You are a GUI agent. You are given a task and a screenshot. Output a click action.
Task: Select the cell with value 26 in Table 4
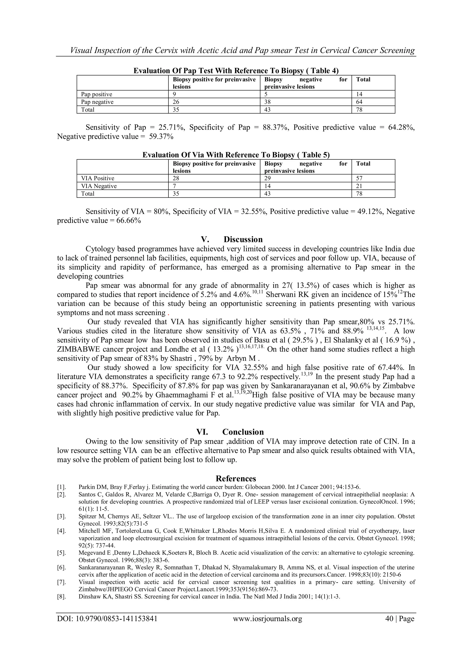pos(176,102)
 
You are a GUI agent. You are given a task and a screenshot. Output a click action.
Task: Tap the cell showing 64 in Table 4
pos(359,102)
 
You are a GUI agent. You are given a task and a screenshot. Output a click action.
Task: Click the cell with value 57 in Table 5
pos(359,178)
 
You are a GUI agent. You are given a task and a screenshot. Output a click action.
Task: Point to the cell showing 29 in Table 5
pos(268,178)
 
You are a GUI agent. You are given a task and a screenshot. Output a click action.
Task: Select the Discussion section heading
pos(232,239)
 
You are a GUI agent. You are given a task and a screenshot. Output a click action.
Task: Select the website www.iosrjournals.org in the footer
pos(267,626)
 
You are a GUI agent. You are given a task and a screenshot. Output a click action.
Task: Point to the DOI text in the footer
pos(107,626)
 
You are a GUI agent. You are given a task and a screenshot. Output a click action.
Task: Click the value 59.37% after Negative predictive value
pos(161,137)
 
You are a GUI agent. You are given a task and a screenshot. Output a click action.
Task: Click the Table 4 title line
pos(236,71)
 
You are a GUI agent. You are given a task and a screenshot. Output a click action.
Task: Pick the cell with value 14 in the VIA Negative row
pos(268,186)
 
